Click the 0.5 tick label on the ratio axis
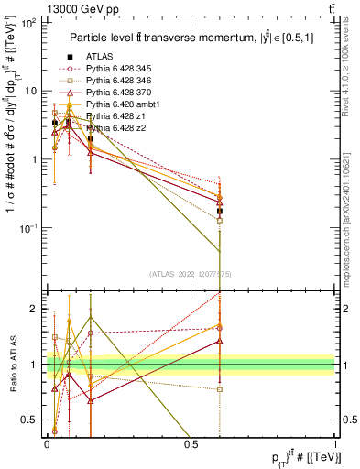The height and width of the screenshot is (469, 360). coord(31,420)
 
